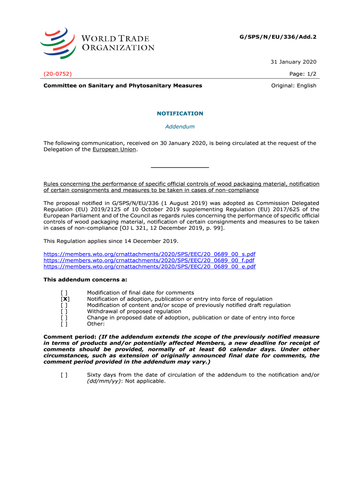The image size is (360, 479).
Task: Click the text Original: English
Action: pos(294,86)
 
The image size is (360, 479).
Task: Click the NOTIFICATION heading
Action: pos(180,114)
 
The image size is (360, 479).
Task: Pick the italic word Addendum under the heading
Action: pos(180,127)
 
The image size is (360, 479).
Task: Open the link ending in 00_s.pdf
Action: pos(150,254)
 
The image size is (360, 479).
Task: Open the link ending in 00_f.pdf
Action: pos(149,260)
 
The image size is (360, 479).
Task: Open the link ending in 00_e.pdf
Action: pos(150,267)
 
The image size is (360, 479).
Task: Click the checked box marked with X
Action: pos(65,299)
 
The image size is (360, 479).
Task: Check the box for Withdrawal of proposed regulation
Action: pos(64,311)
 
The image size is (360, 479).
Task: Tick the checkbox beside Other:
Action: pos(64,323)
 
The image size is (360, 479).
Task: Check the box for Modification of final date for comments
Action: pos(64,293)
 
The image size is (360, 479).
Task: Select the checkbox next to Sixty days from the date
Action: pos(64,375)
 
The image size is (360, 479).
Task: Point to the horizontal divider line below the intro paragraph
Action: pos(180,167)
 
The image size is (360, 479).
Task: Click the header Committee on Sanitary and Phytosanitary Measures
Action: pos(122,86)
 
